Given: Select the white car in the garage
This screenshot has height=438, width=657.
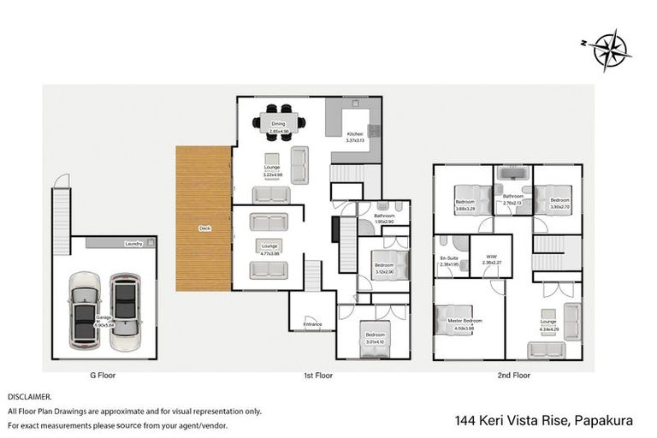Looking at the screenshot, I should (86, 311).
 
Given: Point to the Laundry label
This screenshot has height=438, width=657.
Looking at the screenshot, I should (133, 244).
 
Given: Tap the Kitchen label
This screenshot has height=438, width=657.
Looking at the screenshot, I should (354, 134).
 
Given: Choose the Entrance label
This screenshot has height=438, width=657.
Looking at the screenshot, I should (313, 324).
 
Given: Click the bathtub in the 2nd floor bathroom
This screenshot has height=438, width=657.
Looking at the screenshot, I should (512, 178).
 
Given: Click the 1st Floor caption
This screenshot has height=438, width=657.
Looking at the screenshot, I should (317, 375).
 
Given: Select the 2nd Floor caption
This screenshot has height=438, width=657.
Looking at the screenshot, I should (514, 375).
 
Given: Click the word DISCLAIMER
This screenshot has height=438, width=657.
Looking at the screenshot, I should (30, 397).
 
